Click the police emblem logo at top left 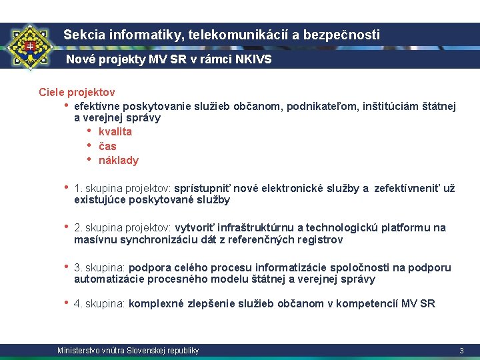pyautogui.click(x=29, y=48)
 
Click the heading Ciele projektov pyautogui.click(x=77, y=92)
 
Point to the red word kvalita pyautogui.click(x=115, y=131)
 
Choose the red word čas pyautogui.click(x=107, y=146)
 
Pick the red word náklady pyautogui.click(x=119, y=160)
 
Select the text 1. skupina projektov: pyautogui.click(x=123, y=189)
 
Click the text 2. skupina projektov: pyautogui.click(x=123, y=228)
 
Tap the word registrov pyautogui.click(x=319, y=239)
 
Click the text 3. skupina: pyautogui.click(x=100, y=268)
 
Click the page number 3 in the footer pyautogui.click(x=461, y=351)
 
